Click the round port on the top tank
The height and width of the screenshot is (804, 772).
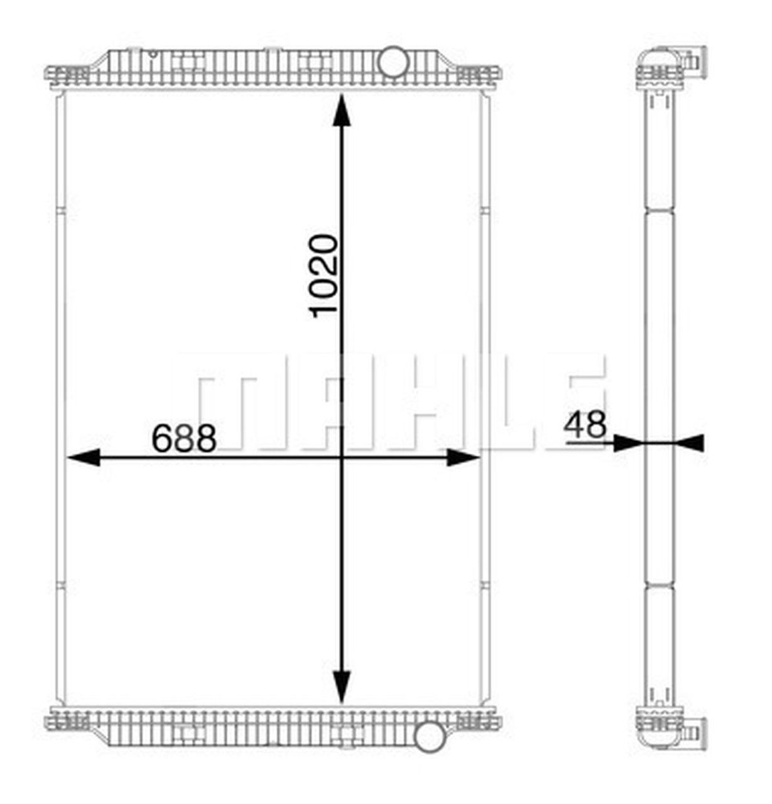pyautogui.click(x=394, y=60)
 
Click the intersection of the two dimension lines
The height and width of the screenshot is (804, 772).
pyautogui.click(x=341, y=458)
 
